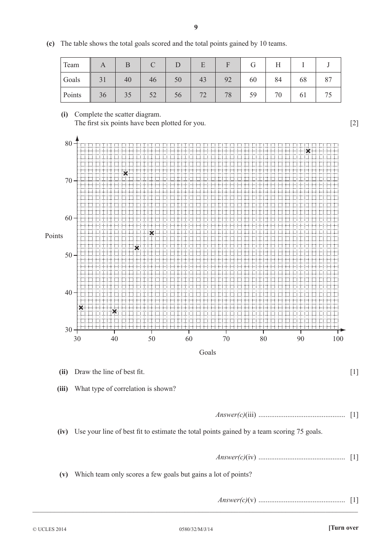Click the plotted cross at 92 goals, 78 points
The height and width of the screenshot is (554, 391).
pyautogui.click(x=308, y=151)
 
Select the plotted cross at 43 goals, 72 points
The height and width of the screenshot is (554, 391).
pyautogui.click(x=126, y=173)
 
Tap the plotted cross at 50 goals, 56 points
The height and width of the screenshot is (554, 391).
pyautogui.click(x=151, y=233)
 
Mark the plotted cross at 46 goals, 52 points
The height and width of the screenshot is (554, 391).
pyautogui.click(x=137, y=248)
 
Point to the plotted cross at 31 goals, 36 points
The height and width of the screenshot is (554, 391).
pyautogui.click(x=81, y=308)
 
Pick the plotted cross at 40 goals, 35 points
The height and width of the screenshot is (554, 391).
pyautogui.click(x=114, y=311)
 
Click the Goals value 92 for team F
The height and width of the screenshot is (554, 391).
pyautogui.click(x=228, y=80)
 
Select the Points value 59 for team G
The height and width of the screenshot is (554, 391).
pyautogui.click(x=253, y=95)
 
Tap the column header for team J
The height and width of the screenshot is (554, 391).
pyautogui.click(x=328, y=65)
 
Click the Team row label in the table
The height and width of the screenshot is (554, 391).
pyautogui.click(x=71, y=65)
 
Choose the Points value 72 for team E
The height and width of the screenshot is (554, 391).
pyautogui.click(x=203, y=95)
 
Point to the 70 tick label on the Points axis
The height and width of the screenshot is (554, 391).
pyautogui.click(x=68, y=181)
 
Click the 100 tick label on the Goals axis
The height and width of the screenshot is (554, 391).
pyautogui.click(x=337, y=339)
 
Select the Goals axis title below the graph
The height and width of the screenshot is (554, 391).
pyautogui.click(x=207, y=352)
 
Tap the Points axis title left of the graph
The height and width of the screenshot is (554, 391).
pyautogui.click(x=54, y=236)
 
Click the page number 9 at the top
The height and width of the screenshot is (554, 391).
pyautogui.click(x=196, y=27)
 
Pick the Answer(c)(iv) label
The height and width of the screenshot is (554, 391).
pyautogui.click(x=236, y=457)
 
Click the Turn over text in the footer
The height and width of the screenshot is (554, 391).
pyautogui.click(x=343, y=528)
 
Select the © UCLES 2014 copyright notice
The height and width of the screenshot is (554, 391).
pyautogui.click(x=49, y=529)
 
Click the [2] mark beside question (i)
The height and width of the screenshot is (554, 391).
pyautogui.click(x=354, y=123)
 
